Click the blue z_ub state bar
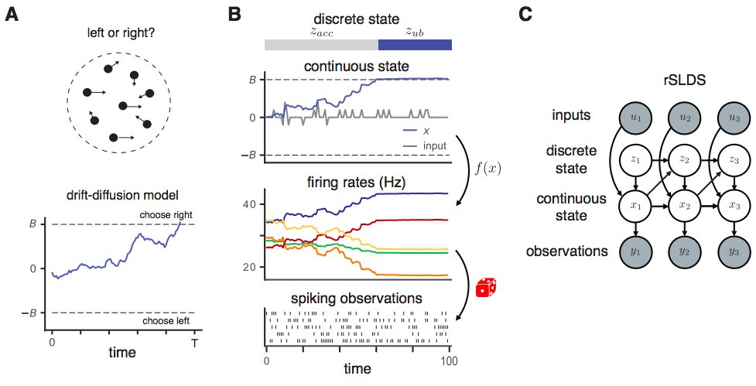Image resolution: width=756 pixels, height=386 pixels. pyautogui.click(x=414, y=45)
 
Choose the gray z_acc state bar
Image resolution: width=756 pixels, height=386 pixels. pyautogui.click(x=321, y=45)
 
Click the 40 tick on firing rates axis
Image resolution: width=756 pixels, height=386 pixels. pyautogui.click(x=252, y=203)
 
